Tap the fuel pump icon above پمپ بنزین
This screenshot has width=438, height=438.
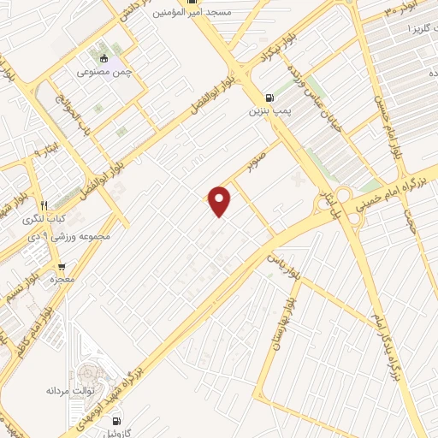pyautogui.click(x=270, y=98)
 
